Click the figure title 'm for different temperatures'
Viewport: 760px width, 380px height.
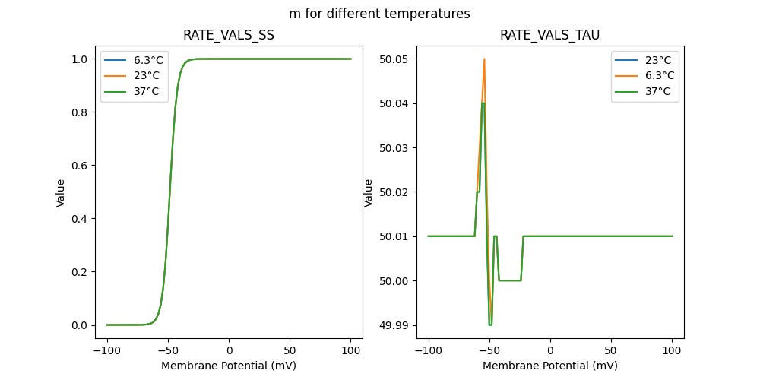[379, 14]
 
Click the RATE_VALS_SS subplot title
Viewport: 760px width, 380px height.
[229, 35]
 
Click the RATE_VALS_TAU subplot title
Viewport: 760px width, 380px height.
[550, 35]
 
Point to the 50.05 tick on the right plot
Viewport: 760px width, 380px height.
[394, 59]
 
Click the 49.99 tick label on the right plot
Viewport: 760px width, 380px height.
[394, 325]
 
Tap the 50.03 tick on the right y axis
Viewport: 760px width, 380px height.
[394, 148]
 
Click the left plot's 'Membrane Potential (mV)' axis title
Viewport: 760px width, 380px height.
[229, 366]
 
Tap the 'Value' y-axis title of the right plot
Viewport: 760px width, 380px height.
[369, 192]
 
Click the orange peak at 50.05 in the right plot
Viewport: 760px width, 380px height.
[484, 59]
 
